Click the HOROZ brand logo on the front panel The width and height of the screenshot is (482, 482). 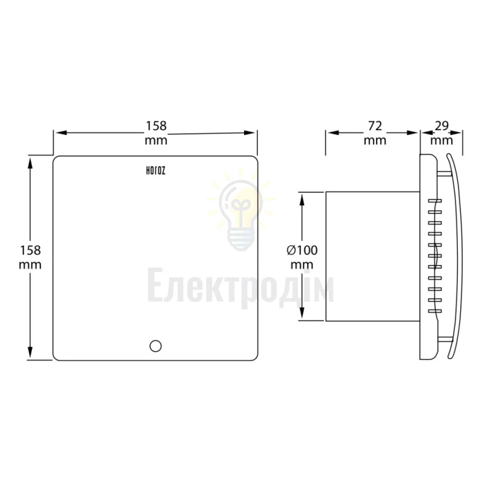(156, 171)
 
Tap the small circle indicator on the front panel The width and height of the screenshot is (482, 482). (156, 346)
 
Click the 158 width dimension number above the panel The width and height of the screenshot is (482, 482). (156, 126)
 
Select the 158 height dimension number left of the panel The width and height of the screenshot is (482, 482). (30, 250)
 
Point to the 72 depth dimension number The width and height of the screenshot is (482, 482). (375, 126)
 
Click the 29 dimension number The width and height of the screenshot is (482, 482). (442, 126)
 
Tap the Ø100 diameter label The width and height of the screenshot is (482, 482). (302, 250)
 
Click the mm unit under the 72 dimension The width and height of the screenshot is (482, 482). (375, 141)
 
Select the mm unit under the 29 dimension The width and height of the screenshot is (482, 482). (442, 141)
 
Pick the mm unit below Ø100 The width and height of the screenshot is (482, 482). (302, 265)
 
